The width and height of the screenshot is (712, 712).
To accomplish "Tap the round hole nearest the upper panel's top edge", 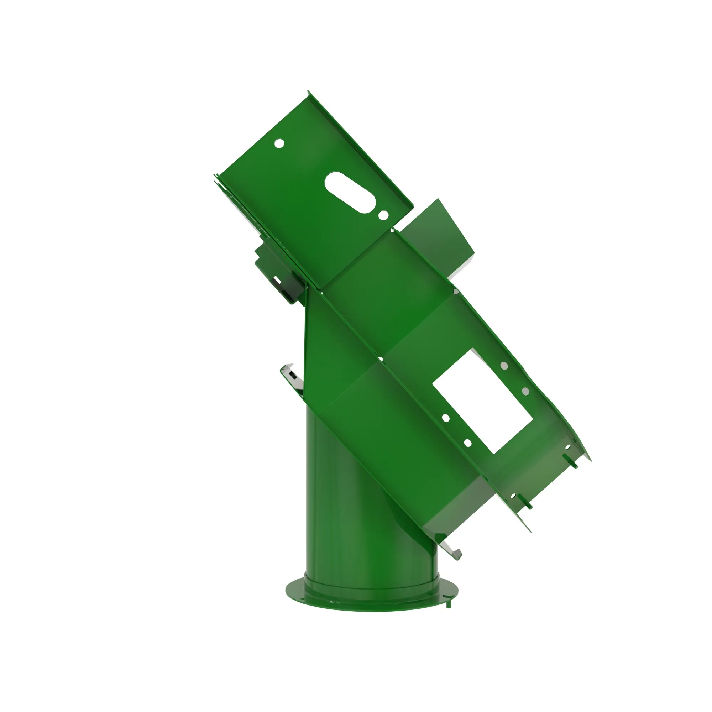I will pos(280,143).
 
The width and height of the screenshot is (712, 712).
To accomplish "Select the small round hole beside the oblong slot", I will pos(383,214).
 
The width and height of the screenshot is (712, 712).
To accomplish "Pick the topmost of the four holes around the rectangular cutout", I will pos(504,366).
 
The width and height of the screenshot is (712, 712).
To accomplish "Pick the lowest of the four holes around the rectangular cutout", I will pos(468,443).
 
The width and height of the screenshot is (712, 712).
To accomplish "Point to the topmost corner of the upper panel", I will pos(308,91).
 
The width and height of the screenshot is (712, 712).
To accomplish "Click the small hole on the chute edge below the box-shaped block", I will pos(456,292).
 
